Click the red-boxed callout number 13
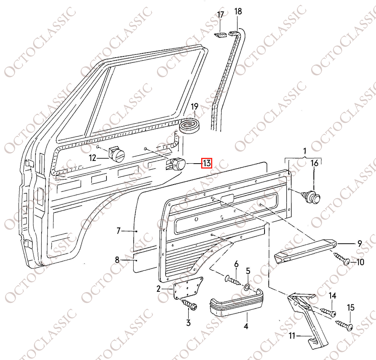point(207,164)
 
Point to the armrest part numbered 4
point(236,304)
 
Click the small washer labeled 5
point(247,287)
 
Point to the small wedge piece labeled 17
point(220,35)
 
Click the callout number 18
point(238,11)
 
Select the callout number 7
point(118,231)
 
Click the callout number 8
point(117,260)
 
